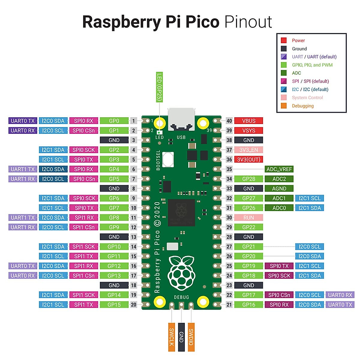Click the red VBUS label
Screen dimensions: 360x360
click(x=248, y=121)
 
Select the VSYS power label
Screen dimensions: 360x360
click(x=248, y=130)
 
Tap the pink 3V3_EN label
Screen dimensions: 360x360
click(x=248, y=150)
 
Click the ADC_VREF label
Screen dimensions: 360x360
click(x=279, y=169)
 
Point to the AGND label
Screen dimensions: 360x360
click(x=279, y=188)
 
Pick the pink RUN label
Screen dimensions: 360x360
click(x=248, y=217)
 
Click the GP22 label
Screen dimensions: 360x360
click(x=248, y=227)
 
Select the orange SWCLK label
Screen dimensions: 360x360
click(x=172, y=337)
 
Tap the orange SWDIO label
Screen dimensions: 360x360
click(x=191, y=337)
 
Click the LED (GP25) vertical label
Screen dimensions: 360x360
click(x=159, y=87)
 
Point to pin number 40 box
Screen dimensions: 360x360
click(x=229, y=121)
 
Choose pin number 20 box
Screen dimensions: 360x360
click(x=133, y=304)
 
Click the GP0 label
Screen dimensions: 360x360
click(x=114, y=121)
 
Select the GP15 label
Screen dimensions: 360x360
click(x=114, y=304)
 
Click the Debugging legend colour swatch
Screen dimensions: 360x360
click(x=284, y=106)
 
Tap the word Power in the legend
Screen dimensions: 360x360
click(x=298, y=40)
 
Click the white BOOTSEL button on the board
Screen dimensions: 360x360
click(x=168, y=159)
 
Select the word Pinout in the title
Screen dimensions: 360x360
click(x=248, y=22)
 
